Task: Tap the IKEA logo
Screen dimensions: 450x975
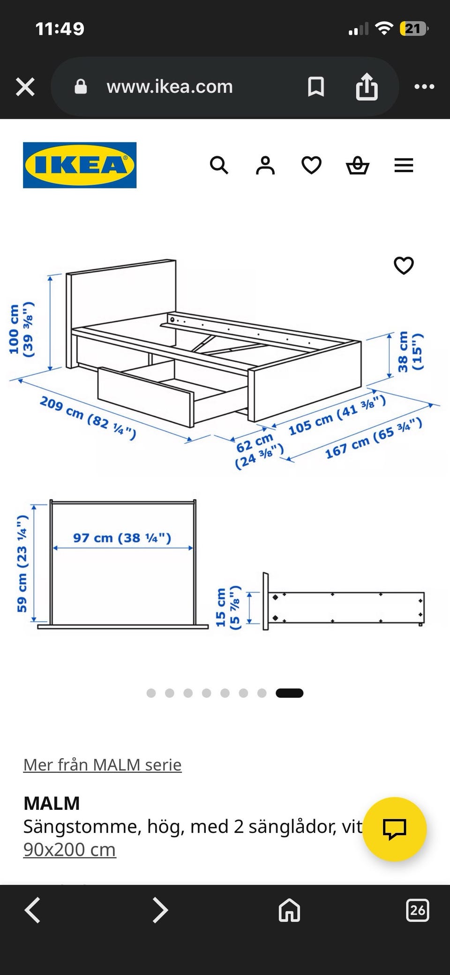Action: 80,165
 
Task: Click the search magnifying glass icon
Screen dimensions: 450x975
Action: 219,165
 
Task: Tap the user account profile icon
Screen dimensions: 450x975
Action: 265,165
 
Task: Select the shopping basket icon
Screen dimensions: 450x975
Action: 358,165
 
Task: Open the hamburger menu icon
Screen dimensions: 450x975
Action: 404,165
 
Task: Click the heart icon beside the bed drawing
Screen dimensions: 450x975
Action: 404,266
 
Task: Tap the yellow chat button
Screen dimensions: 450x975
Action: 394,829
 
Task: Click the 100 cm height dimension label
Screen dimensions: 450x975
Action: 21,329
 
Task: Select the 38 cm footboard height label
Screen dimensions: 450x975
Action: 410,351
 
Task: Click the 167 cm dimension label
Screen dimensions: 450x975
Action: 374,439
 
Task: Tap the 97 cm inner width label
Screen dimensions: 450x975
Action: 122,538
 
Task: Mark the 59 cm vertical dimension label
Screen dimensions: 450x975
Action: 22,564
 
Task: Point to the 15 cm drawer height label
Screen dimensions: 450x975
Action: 227,607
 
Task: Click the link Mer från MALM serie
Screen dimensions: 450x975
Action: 102,764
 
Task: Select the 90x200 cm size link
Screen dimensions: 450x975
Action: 69,849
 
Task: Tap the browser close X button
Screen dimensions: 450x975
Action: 25,87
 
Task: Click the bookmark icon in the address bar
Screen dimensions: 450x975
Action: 315,87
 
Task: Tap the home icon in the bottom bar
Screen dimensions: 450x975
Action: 289,910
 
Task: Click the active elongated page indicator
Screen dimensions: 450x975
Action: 290,693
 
